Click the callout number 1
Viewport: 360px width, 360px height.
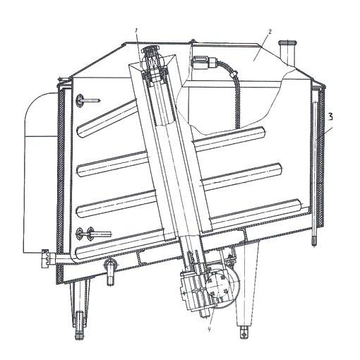coord(136,30)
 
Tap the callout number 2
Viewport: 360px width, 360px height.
coord(270,32)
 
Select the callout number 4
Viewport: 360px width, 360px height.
coord(209,330)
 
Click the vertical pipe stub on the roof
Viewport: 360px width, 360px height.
coord(287,53)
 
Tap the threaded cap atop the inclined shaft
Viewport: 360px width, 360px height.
coord(150,51)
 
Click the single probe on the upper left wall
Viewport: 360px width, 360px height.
coord(88,101)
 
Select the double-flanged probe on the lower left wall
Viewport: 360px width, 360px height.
coord(93,234)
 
